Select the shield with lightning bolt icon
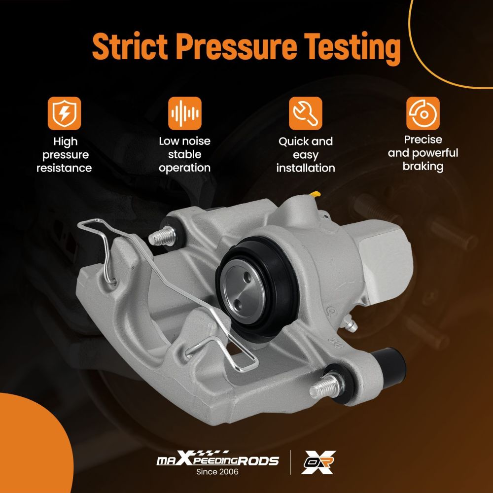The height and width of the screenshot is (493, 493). point(65,113)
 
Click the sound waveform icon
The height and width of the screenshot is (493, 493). point(184,113)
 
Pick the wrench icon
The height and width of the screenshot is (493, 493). point(306,113)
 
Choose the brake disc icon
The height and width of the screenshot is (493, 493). point(423,113)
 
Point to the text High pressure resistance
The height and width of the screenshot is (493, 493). point(64,155)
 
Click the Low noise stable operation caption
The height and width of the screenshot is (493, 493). point(184,154)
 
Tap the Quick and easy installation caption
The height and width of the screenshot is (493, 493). point(306,155)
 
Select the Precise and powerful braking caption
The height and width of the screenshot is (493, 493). point(423,153)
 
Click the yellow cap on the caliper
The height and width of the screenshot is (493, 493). point(316,194)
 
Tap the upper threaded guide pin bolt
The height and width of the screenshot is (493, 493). point(162,236)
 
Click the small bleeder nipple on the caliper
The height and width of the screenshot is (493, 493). point(350,323)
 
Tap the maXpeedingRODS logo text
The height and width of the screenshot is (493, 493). point(217,459)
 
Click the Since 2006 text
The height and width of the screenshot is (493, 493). point(217,472)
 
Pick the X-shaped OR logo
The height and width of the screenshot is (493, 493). point(318,462)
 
